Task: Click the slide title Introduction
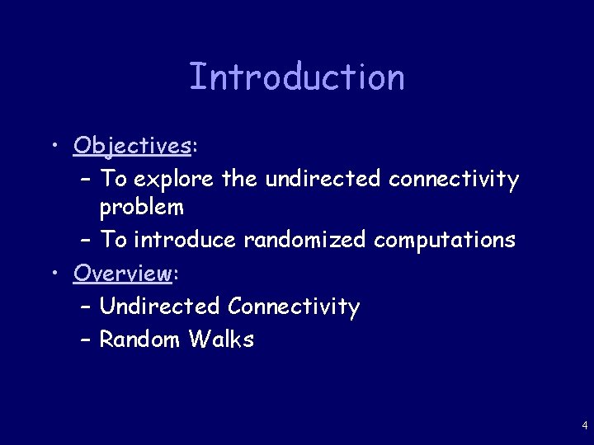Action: click(x=297, y=77)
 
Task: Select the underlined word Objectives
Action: click(x=132, y=146)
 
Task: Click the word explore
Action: click(x=173, y=179)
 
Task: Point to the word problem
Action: click(x=142, y=208)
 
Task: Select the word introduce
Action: click(x=185, y=240)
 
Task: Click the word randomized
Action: click(x=305, y=240)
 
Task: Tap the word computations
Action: click(x=445, y=240)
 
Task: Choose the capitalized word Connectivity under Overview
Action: click(x=294, y=307)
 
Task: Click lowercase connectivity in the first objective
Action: click(x=454, y=179)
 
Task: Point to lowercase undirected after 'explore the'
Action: click(x=323, y=179)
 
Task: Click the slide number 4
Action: click(x=584, y=426)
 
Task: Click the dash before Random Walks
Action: click(x=87, y=339)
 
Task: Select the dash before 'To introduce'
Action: click(x=87, y=240)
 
